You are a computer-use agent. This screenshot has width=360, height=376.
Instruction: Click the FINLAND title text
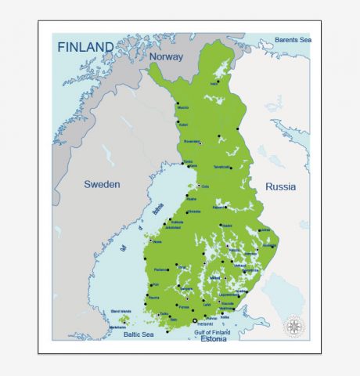coord(85,47)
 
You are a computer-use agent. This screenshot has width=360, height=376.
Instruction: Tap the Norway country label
coord(166,57)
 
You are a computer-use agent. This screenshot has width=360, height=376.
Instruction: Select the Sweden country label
coord(103,184)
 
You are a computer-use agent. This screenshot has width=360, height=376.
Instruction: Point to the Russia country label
coord(280,186)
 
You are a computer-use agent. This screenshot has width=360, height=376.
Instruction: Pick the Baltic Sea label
coord(138,334)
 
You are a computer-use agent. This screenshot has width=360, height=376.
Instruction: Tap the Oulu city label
coord(206,186)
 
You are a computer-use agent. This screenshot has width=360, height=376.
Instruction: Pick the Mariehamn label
coord(117,327)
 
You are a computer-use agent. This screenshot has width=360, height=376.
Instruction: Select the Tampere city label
coord(186,288)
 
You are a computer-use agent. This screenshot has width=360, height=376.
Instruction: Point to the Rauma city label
coord(154,298)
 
